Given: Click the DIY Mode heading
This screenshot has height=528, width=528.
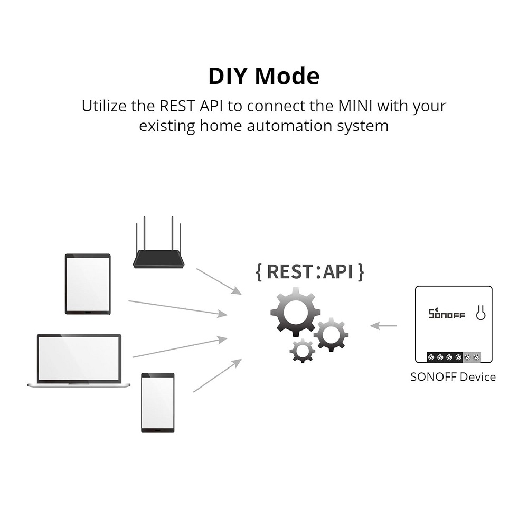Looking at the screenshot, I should (x=263, y=76).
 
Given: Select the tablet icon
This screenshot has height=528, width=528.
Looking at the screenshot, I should (x=88, y=284).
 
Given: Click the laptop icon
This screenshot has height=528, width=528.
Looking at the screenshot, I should (x=79, y=361).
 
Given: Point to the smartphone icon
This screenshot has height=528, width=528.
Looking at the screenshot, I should (x=157, y=402).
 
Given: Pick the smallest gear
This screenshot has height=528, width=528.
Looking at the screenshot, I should (x=303, y=350).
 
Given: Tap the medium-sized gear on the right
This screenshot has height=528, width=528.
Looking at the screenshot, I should (x=331, y=334).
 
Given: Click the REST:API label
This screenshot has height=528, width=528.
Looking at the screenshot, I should (x=310, y=271).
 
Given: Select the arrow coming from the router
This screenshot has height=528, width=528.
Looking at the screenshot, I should (x=219, y=281).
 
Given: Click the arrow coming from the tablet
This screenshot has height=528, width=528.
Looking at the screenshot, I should (x=177, y=308).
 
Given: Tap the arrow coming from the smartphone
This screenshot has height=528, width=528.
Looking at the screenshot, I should (x=217, y=375).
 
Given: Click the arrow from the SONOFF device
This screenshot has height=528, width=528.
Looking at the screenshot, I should (x=383, y=326).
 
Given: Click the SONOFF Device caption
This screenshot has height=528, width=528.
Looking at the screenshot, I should (x=453, y=377).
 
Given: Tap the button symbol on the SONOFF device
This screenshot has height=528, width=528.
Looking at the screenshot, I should (x=480, y=313).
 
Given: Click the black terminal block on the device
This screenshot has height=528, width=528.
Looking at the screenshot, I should (x=444, y=357).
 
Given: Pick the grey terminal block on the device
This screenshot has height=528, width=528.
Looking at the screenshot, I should (x=472, y=357).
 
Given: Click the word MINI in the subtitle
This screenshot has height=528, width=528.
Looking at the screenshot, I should (x=355, y=106).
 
